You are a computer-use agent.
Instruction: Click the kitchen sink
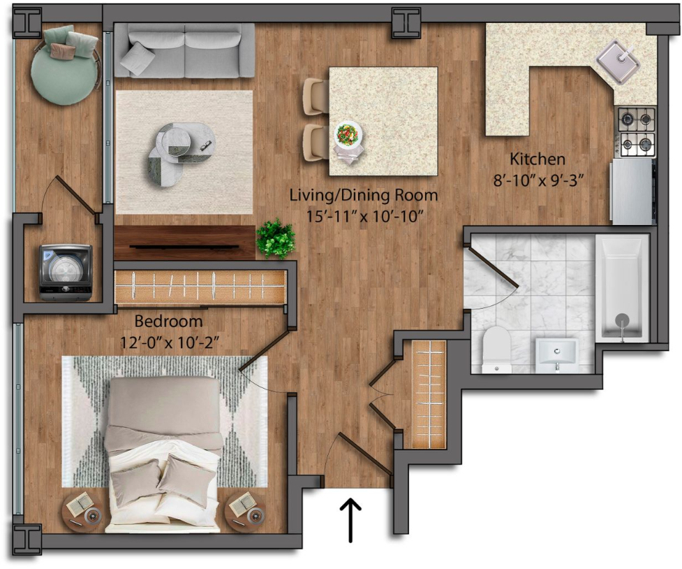click(x=618, y=62)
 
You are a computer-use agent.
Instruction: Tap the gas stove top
click(x=637, y=132)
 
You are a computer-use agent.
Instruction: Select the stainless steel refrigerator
click(x=633, y=192)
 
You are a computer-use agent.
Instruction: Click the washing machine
click(x=66, y=273)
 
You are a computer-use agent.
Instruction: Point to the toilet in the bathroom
click(x=497, y=350)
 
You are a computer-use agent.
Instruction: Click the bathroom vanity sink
click(x=557, y=355)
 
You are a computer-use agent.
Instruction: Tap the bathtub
click(x=622, y=288)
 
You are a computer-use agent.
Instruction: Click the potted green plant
click(x=276, y=239)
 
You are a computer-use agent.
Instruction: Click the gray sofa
click(x=184, y=50)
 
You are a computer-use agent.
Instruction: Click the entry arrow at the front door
click(x=350, y=521)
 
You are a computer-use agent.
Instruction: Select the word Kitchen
click(x=538, y=159)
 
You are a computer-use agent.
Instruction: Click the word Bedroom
click(x=168, y=322)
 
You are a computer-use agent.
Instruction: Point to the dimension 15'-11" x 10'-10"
click(x=364, y=216)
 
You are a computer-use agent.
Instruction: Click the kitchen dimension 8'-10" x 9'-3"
click(x=538, y=180)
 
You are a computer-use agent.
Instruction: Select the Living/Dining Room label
click(x=364, y=195)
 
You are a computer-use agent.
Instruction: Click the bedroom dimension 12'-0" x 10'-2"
click(x=169, y=343)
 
